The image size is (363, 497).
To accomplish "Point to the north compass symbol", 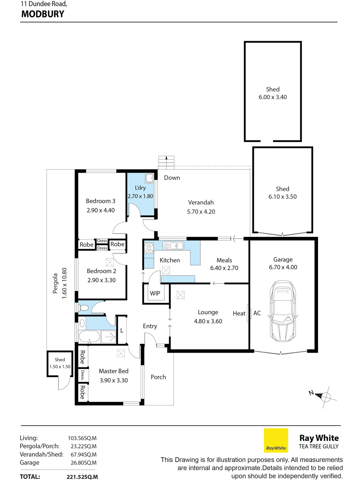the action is (324, 396).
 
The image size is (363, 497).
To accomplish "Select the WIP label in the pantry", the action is (155, 293).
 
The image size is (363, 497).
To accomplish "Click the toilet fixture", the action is (83, 308).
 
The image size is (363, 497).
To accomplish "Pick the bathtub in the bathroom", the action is (89, 337).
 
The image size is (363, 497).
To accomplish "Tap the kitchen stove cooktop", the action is (149, 248).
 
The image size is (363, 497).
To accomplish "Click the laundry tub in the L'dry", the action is (150, 178).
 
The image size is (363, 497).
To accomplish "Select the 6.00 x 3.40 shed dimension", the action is (273, 97).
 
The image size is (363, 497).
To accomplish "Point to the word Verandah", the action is (201, 202).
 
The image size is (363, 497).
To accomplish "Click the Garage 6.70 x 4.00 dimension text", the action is (283, 267).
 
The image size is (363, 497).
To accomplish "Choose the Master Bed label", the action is (113, 371).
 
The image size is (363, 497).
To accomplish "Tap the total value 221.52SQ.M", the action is (82, 477).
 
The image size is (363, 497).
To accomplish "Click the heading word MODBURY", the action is (43, 14).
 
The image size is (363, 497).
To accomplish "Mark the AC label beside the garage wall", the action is (257, 313).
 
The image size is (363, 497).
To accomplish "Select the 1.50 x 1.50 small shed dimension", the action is (60, 366).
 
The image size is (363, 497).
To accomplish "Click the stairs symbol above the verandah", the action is (166, 162).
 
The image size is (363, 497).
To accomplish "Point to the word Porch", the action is (158, 377).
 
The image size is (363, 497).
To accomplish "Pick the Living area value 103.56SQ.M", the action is (82, 438).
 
